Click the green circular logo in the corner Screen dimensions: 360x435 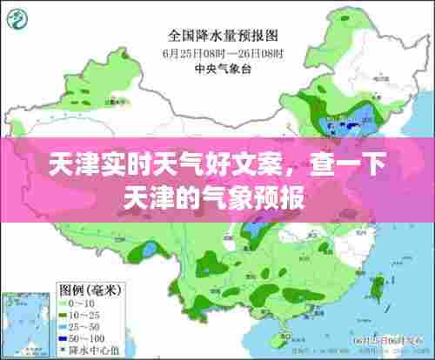point(18,17)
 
